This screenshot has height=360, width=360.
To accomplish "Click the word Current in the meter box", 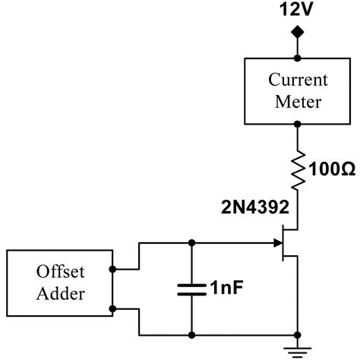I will (x=297, y=80).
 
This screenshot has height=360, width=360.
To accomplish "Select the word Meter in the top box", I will (x=297, y=101).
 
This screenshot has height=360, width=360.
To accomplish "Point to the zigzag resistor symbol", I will (x=297, y=168).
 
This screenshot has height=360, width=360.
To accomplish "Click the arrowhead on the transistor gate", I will (x=277, y=244).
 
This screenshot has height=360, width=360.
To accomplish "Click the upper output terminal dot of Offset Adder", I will (x=112, y=269).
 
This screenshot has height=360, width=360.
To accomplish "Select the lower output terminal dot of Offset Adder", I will (x=112, y=308).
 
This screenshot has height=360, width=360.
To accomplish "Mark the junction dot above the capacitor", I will (x=191, y=244).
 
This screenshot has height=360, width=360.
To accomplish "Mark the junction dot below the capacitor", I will (x=191, y=334).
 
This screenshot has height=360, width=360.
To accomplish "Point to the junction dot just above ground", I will (x=297, y=334).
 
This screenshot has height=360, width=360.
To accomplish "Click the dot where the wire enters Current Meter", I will (x=297, y=56).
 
